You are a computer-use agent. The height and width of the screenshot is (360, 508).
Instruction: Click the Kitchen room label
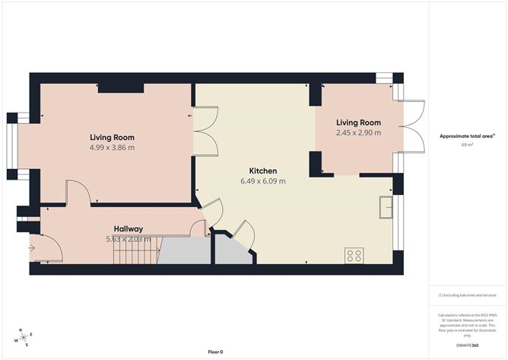(263, 170)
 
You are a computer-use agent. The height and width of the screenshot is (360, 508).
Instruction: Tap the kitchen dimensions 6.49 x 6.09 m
(263, 181)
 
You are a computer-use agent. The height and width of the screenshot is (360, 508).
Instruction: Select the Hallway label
(129, 228)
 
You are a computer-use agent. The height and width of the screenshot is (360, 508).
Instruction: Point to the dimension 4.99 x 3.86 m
(112, 148)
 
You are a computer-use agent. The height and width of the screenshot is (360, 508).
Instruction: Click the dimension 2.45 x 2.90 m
(358, 132)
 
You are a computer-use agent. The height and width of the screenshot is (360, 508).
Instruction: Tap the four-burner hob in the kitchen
(354, 255)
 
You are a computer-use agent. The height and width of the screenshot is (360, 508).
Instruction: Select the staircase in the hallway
(135, 250)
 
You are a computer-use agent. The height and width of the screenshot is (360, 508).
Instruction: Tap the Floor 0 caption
(215, 352)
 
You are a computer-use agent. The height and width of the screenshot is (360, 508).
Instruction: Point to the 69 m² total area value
(466, 145)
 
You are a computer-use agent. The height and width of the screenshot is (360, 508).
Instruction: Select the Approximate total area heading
(466, 135)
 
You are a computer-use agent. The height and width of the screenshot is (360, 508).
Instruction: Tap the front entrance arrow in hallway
(32, 247)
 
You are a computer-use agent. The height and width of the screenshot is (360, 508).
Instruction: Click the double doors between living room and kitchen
(203, 131)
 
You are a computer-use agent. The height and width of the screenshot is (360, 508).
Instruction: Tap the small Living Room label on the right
(358, 122)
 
